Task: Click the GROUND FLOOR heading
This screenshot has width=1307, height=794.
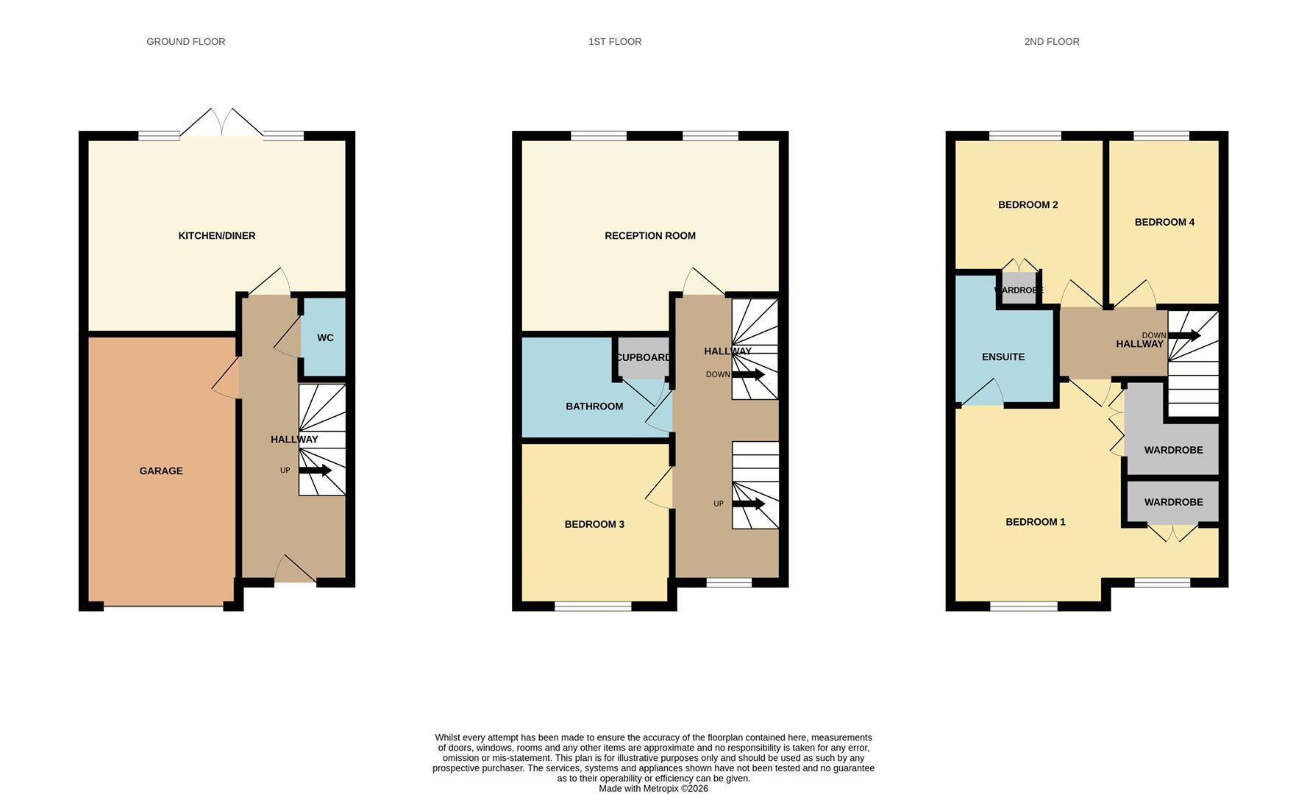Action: coord(185,42)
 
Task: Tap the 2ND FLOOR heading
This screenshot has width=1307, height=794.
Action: coord(1051,42)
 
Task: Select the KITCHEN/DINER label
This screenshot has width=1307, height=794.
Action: coord(216,236)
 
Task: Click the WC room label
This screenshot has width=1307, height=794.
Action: coord(325,338)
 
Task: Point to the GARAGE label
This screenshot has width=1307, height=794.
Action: coord(161,471)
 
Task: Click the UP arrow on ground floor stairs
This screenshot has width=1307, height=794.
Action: coord(316,471)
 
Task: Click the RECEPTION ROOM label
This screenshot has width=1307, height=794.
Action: coord(649,236)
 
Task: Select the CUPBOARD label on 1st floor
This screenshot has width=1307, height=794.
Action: coord(643,358)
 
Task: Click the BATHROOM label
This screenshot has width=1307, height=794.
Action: coord(594,407)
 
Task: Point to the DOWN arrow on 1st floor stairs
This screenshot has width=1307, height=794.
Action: coord(748,375)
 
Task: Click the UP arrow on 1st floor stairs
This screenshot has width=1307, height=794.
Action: coord(749,504)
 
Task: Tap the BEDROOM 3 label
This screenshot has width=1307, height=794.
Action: coord(594,524)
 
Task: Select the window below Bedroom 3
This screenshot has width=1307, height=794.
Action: coord(593,607)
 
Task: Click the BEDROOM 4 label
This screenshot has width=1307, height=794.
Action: coord(1164,222)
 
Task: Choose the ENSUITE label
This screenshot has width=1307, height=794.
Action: coord(1003,357)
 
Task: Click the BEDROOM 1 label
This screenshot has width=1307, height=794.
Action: coord(1036,522)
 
